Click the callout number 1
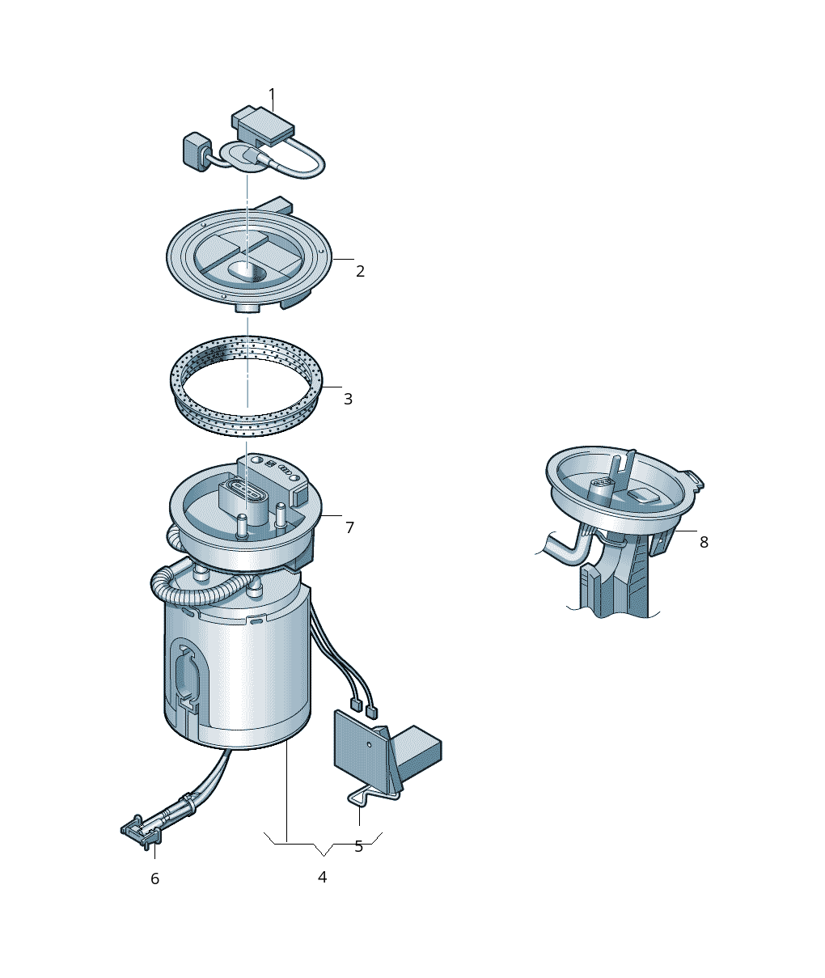click(x=272, y=94)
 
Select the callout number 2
click(x=360, y=272)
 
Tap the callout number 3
click(x=348, y=399)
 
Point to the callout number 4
click(x=322, y=877)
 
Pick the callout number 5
click(x=358, y=847)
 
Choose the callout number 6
click(x=155, y=879)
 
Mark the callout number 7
click(x=349, y=527)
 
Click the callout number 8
click(x=704, y=543)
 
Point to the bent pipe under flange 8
click(x=568, y=550)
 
